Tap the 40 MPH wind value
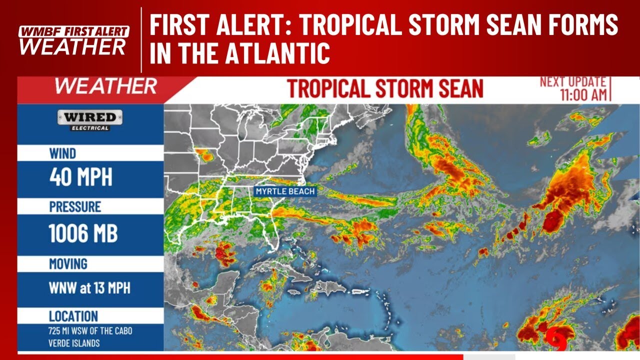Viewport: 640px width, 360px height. point(80,177)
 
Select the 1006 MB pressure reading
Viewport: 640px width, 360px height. point(83,233)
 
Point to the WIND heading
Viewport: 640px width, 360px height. point(62,153)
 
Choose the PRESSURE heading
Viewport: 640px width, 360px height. point(75,206)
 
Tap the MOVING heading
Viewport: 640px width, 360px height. point(68,263)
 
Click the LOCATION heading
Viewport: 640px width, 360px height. point(73,316)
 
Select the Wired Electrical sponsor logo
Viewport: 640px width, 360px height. point(90,120)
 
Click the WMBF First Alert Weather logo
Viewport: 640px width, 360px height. point(73,40)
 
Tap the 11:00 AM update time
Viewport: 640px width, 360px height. point(583,95)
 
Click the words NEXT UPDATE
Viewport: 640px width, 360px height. point(573,82)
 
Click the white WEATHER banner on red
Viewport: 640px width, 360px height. point(105,86)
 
